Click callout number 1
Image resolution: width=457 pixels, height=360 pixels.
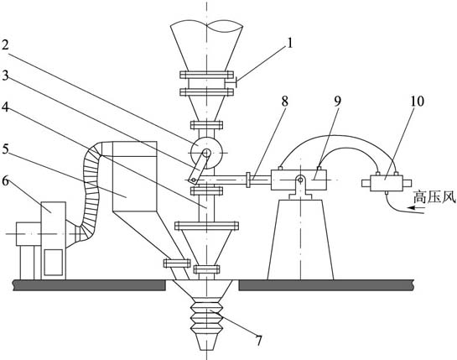(x=289, y=44)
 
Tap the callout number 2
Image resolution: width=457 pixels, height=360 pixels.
(x=5, y=44)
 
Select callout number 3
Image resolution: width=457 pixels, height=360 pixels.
(x=5, y=76)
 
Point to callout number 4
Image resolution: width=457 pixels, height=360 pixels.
(x=5, y=107)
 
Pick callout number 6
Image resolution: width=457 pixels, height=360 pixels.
(x=5, y=181)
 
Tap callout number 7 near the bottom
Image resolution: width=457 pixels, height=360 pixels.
(x=258, y=341)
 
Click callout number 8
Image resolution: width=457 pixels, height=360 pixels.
(x=284, y=102)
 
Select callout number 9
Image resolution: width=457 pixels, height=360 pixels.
(x=337, y=102)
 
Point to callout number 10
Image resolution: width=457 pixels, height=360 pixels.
(x=417, y=102)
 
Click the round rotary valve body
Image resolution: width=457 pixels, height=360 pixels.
(x=206, y=152)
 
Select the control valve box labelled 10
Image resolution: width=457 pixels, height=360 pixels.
(x=387, y=183)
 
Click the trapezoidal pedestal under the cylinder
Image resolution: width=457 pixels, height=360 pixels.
(x=300, y=240)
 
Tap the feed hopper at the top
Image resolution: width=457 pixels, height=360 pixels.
(x=206, y=46)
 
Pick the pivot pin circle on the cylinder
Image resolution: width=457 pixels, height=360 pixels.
(x=300, y=180)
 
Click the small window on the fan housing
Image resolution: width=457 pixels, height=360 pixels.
(x=53, y=263)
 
